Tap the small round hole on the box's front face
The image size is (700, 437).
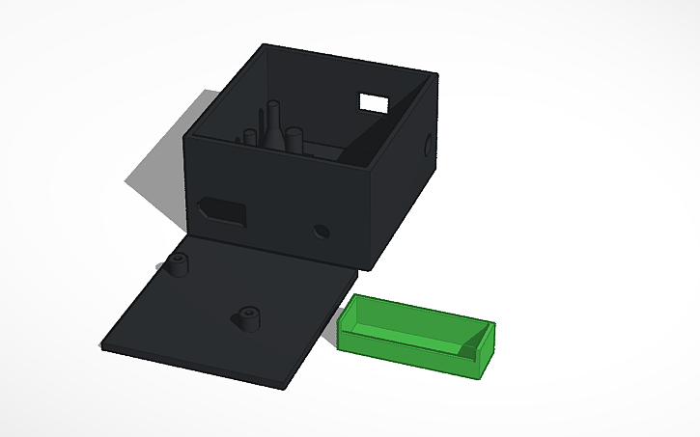[x=321, y=232]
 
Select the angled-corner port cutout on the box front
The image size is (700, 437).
[x=221, y=209]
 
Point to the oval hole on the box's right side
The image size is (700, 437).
[x=428, y=145]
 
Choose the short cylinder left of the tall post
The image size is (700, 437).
[x=252, y=139]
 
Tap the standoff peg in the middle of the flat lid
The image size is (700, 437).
[x=248, y=317]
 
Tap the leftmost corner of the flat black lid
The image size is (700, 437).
[x=102, y=346]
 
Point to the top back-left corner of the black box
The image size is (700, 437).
[x=264, y=44]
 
